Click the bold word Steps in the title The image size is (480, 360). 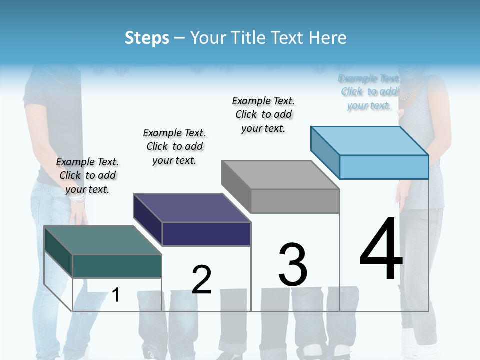(147, 38)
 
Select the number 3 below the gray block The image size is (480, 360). (293, 264)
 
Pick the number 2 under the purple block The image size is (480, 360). (201, 279)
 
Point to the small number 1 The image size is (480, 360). (116, 295)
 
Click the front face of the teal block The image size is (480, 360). (117, 266)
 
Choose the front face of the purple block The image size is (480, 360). (206, 234)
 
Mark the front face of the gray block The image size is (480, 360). (295, 201)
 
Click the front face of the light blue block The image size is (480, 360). (384, 167)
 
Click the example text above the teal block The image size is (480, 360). (87, 175)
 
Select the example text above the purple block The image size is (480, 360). (174, 146)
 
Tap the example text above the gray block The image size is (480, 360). (263, 114)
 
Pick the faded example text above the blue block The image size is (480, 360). (369, 92)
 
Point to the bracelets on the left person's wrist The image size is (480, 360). (78, 198)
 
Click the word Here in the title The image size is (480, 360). (328, 38)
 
